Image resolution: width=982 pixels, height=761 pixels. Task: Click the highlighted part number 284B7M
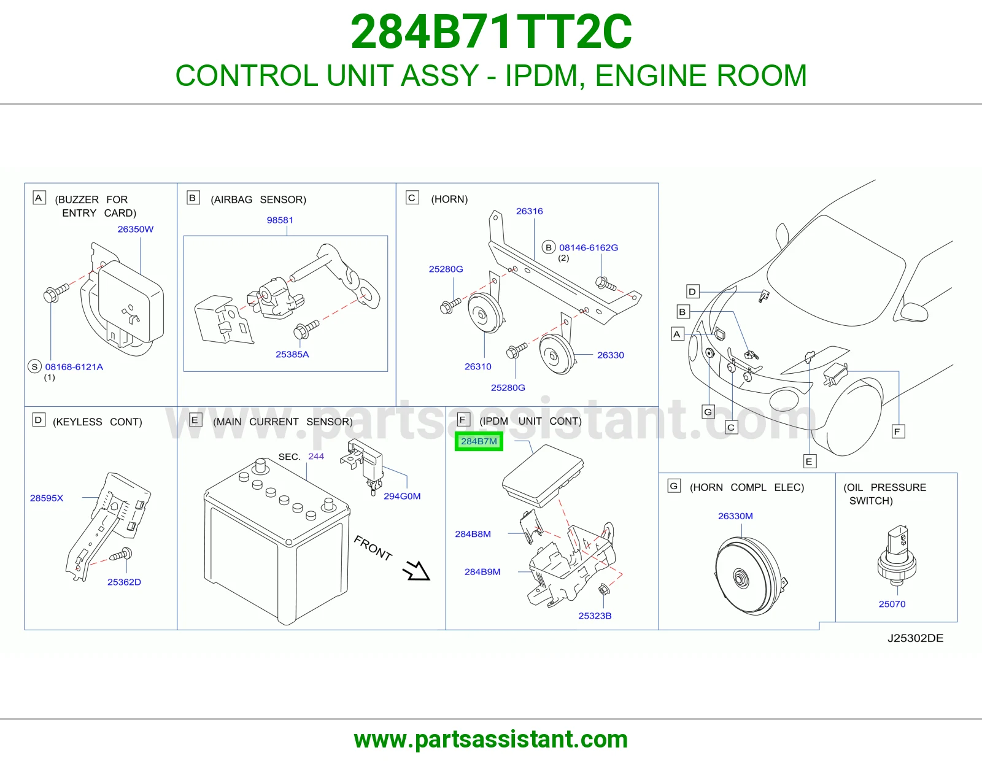coord(479,441)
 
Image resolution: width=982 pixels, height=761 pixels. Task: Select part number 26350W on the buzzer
coord(136,229)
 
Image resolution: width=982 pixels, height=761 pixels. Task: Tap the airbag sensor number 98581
coord(280,220)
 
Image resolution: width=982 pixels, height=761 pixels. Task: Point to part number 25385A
coord(292,354)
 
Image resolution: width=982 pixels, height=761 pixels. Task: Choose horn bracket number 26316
coord(529,211)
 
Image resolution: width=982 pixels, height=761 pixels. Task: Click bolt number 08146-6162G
coord(589,248)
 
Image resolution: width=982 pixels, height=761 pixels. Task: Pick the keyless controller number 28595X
coord(47,498)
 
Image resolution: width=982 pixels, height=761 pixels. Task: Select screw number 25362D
coord(124,582)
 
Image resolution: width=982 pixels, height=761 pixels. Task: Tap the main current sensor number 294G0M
coord(402,496)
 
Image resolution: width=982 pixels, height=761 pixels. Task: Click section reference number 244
coord(316,457)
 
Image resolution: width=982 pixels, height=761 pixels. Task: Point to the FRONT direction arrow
coord(416,571)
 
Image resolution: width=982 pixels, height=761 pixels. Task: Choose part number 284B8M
coord(473,534)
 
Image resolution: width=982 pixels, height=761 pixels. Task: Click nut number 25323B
coord(595,616)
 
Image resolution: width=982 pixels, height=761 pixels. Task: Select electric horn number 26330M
coord(735,516)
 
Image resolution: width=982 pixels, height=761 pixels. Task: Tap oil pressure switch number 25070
coord(892,604)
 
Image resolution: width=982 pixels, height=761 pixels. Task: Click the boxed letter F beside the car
coord(898,431)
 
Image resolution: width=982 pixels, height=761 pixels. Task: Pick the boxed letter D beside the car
coord(692,292)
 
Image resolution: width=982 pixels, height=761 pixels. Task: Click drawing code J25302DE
coord(915,638)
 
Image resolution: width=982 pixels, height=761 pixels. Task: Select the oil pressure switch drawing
coord(897,555)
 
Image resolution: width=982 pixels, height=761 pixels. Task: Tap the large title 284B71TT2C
coord(491,32)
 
